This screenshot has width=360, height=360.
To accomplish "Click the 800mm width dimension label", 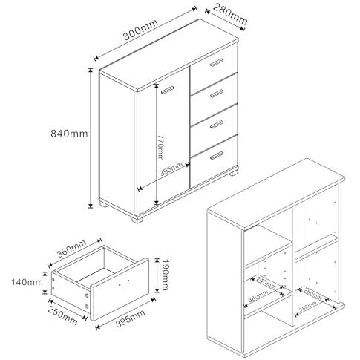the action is coord(141,30).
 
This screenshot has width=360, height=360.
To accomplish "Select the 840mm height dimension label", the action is coord(69,134).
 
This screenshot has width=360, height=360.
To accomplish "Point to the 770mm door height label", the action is coord(160,148).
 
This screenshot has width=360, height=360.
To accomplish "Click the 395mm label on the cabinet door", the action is coord(171,168).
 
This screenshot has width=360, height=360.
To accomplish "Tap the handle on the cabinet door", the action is coord(168,90).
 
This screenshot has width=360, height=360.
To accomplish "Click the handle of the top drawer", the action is coord(217,62).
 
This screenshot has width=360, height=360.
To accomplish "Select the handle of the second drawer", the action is coord(217,94).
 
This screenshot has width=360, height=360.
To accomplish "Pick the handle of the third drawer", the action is coord(217,125).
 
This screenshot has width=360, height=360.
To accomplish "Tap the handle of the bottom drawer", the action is coord(217,156).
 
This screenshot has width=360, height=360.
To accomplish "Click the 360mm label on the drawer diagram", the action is coord(71,249).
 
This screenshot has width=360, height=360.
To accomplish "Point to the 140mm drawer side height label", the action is coord(27,282).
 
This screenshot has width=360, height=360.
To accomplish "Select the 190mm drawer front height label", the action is coord(165,275).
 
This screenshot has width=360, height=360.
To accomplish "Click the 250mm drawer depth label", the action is coord(62,315).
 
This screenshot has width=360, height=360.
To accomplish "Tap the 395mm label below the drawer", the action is coord(131,318).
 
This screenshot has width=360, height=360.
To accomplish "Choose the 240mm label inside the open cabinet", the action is coord(266,283).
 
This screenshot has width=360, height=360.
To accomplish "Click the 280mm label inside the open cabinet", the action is coord(312,294).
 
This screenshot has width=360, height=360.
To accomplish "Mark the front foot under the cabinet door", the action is coord(138,219).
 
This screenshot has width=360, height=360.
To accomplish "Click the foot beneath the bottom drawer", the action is coord(234,172).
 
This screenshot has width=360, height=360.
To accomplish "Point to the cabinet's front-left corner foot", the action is coord(104,204).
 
